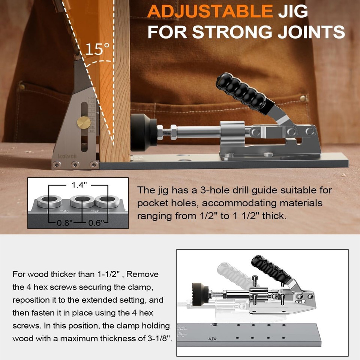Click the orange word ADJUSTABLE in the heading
[x=210, y=11]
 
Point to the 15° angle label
[x=97, y=49]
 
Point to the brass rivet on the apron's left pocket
[x=22, y=87]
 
